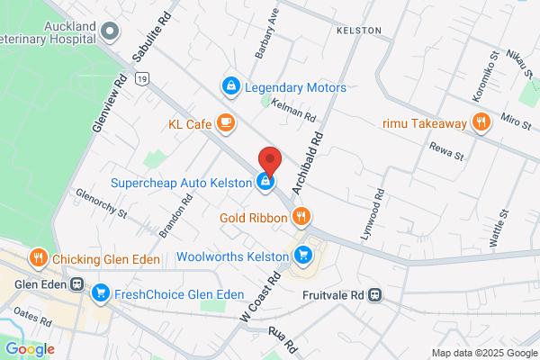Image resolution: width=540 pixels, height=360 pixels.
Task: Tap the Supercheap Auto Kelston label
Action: click(x=181, y=183)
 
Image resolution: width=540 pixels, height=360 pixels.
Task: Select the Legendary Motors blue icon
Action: click(x=231, y=86)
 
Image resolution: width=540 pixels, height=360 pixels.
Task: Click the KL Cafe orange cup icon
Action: click(x=225, y=122)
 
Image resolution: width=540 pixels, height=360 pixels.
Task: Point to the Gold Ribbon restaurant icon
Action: click(x=301, y=216)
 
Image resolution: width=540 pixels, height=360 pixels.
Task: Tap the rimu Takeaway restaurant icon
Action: click(x=481, y=123)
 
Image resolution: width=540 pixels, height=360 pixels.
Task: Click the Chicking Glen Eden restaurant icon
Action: click(x=37, y=259)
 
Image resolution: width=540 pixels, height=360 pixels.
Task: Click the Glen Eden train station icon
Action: click(x=77, y=284)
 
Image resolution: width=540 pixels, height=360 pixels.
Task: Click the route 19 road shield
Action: click(x=141, y=80)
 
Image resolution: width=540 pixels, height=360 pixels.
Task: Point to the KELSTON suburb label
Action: click(x=358, y=31)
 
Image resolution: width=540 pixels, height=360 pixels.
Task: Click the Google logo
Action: click(x=30, y=349)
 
